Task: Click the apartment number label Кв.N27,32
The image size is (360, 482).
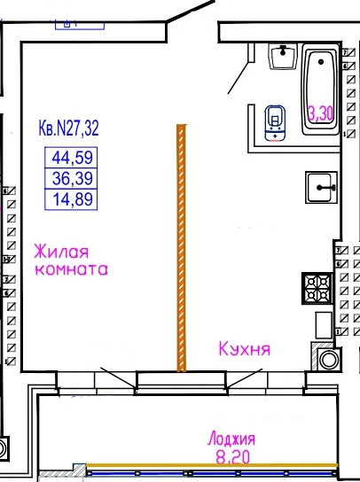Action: click(x=68, y=128)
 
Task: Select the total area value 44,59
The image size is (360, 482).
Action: click(x=72, y=158)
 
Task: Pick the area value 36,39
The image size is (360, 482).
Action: click(x=73, y=178)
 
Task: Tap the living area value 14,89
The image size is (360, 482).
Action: click(x=73, y=199)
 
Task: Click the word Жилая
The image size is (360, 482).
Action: click(x=61, y=252)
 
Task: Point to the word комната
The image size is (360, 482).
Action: click(x=72, y=269)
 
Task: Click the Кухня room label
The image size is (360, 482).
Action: click(x=245, y=349)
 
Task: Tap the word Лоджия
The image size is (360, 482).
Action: click(x=231, y=439)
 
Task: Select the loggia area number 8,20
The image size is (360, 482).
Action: click(x=232, y=457)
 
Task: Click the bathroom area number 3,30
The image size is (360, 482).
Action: click(x=321, y=113)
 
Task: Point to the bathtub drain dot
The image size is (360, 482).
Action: click(x=321, y=62)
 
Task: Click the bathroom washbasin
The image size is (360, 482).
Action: click(x=283, y=56)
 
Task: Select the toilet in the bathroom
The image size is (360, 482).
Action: click(x=275, y=123)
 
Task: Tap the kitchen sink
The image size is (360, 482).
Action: click(x=321, y=187)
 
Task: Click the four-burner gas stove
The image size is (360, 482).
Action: click(x=317, y=288)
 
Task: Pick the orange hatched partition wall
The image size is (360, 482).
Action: click(x=181, y=248)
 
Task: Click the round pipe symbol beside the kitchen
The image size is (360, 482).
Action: click(x=329, y=360)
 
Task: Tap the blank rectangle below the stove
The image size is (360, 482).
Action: click(x=324, y=325)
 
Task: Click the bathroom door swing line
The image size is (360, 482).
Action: click(x=238, y=78)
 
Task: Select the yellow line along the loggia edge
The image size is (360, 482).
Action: click(x=212, y=465)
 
